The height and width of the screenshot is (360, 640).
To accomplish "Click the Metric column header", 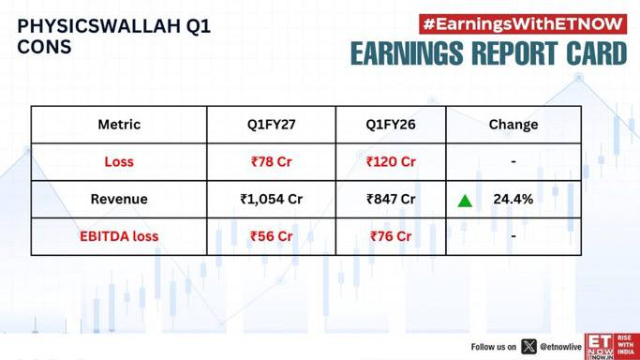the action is tap(119, 125).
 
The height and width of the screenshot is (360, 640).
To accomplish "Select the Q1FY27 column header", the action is tap(272, 125).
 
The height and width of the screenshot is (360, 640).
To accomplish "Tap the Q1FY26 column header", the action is tap(391, 125).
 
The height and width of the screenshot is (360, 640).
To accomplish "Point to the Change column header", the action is tap(513, 125).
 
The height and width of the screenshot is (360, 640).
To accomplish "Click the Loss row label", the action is tap(119, 161).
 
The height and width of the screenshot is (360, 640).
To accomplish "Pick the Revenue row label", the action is tap(119, 199).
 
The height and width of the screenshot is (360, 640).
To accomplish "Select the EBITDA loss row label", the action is tap(119, 236).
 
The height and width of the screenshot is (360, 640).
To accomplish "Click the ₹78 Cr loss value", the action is tap(272, 161).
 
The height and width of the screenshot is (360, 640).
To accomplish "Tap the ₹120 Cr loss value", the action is tap(391, 161).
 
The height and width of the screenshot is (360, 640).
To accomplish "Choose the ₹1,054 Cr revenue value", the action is tap(272, 199).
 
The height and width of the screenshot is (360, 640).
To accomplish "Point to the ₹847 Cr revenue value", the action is tap(391, 199).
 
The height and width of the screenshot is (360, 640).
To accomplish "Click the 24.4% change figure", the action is tap(513, 199).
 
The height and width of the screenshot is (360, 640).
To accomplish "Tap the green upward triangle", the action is tap(465, 202).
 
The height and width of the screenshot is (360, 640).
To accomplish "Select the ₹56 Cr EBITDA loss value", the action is tap(272, 236).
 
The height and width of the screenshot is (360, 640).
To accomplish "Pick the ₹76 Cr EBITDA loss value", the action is tap(391, 236).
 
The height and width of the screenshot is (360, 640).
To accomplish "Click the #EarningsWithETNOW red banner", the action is tap(523, 24).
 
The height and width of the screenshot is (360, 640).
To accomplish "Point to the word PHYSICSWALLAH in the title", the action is tap(98, 26).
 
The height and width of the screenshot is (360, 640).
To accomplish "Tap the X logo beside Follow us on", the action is tap(529, 347).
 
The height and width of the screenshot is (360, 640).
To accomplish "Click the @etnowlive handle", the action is tap(560, 347).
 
